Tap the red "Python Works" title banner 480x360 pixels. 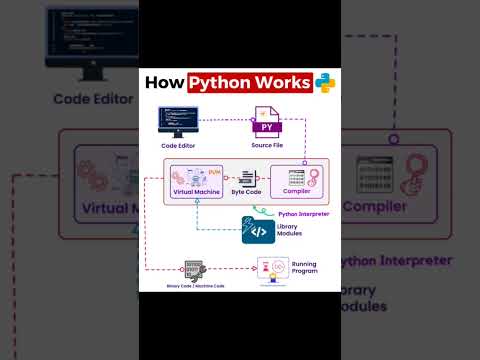(x=251, y=83)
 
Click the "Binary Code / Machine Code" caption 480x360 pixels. (x=195, y=286)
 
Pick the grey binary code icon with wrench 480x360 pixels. (x=194, y=269)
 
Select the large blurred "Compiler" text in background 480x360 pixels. (x=374, y=207)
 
